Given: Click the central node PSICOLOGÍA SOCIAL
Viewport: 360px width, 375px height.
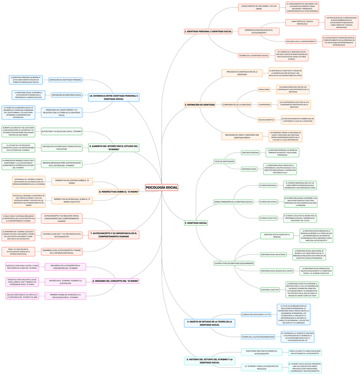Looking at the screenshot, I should click(161, 187).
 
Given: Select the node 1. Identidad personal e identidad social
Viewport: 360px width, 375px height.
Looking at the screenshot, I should click(208, 31).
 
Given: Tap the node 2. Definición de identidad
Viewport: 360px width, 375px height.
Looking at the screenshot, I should click(200, 105).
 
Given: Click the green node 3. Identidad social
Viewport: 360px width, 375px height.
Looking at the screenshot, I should click(196, 223).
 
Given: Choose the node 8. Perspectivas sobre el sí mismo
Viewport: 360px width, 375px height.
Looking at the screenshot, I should click(119, 191).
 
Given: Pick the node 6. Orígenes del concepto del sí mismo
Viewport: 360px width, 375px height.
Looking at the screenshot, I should click(116, 281).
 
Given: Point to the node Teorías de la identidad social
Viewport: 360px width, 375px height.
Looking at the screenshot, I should click(254, 55).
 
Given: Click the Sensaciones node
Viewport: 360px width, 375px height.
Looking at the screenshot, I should click(264, 89).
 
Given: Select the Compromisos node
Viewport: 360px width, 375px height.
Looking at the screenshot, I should click(264, 105).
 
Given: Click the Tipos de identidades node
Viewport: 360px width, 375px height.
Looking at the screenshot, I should click(224, 161).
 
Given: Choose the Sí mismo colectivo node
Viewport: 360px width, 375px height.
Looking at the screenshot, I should click(268, 218).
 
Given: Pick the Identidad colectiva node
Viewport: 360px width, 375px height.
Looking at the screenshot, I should click(269, 290).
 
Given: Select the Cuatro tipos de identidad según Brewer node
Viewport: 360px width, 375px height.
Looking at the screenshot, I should click(234, 263).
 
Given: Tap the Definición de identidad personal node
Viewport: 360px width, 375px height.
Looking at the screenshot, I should click(65, 80).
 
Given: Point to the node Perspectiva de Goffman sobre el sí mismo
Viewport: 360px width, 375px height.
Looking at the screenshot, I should click(72, 181).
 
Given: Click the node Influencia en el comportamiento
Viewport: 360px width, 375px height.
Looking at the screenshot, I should click(301, 42).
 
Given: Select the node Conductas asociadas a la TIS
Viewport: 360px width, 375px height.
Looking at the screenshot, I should click(256, 314).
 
